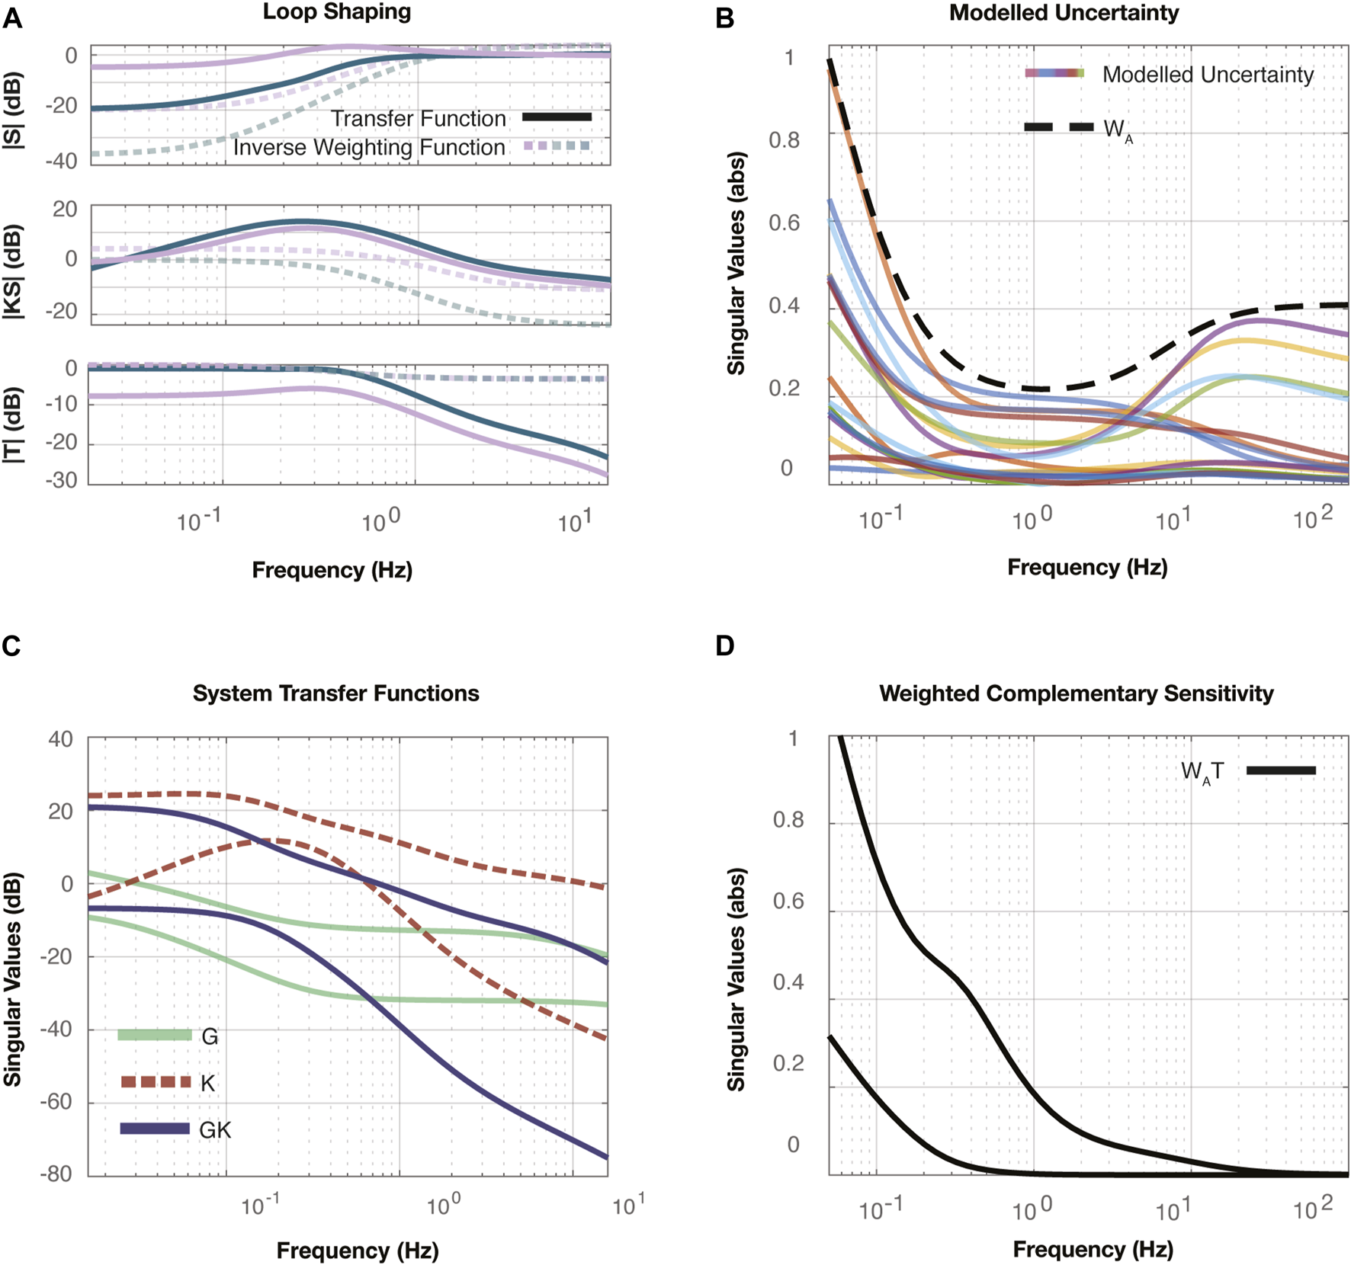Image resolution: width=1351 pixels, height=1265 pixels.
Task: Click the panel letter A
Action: point(12,18)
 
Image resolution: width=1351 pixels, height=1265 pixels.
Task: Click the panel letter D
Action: point(724,645)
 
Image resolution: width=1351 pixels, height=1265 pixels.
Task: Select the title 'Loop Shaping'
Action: point(337,12)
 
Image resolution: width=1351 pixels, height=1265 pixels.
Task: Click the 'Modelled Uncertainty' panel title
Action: point(1064,13)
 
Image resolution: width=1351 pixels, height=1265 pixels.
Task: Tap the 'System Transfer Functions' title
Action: point(335,693)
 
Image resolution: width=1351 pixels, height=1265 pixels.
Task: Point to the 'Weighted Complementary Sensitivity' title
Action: point(1076,693)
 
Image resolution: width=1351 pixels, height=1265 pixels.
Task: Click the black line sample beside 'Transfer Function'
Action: point(557,117)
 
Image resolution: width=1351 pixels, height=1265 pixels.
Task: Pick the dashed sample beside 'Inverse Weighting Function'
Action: point(557,146)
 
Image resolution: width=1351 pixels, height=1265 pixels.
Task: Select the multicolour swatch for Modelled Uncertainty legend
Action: point(1054,73)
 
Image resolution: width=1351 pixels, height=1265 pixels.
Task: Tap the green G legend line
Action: point(155,1035)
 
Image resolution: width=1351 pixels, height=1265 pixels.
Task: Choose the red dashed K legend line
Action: point(156,1082)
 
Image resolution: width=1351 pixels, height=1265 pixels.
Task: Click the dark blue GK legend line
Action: point(155,1129)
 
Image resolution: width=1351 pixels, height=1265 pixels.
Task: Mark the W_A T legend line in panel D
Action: point(1281,770)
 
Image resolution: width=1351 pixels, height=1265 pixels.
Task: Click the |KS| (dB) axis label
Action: point(13,271)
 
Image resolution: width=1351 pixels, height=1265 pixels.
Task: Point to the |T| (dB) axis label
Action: point(13,425)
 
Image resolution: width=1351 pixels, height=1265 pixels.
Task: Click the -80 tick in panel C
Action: point(56,1174)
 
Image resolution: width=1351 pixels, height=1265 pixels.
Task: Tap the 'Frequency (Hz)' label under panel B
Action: point(1087,567)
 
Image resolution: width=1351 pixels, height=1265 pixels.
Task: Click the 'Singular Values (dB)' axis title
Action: point(13,980)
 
